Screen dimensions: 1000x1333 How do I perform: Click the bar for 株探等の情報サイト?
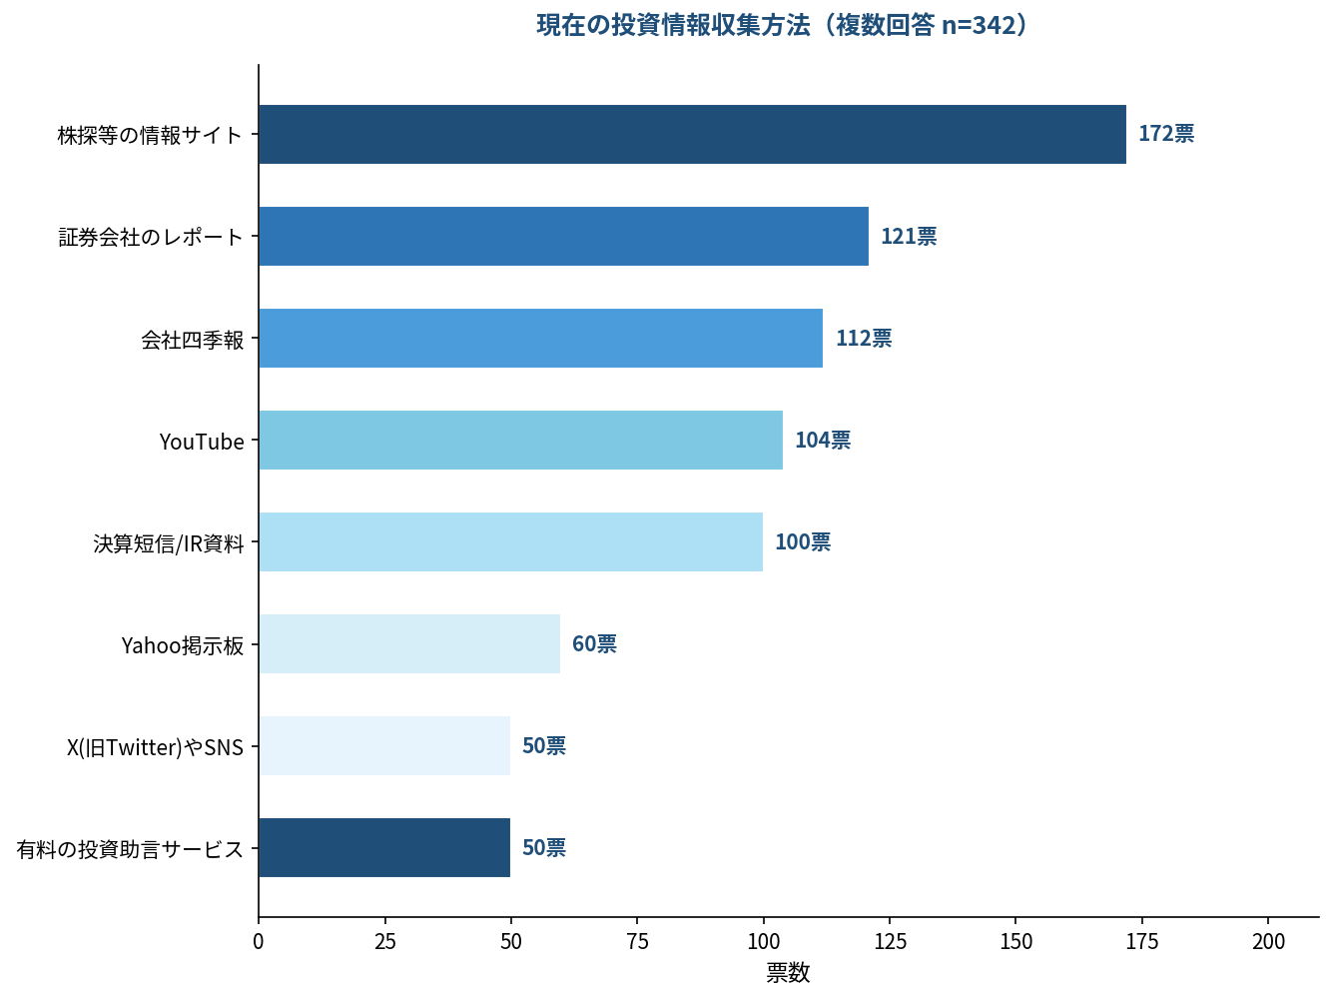point(692,135)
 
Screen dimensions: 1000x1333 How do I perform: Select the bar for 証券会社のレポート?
point(563,237)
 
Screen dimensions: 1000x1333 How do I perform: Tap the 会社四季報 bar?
point(540,339)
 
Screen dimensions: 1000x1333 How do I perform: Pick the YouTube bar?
point(520,441)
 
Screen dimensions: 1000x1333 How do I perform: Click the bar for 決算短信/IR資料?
point(510,542)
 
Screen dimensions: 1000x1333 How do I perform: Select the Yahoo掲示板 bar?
point(409,644)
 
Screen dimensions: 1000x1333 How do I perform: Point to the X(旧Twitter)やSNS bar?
point(384,746)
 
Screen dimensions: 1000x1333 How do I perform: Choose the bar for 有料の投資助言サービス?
point(384,848)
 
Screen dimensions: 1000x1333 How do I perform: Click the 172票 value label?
point(1165,134)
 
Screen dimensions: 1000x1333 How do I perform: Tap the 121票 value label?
point(908,237)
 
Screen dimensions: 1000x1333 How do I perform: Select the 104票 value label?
point(822,441)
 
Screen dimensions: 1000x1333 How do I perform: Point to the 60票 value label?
point(593,644)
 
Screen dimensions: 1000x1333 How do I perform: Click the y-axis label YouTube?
point(202,442)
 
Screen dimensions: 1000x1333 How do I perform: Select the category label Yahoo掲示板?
point(183,645)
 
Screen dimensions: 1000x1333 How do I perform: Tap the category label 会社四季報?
point(193,340)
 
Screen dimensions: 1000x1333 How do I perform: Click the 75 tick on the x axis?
point(637,941)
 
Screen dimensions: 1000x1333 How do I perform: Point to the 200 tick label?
point(1268,941)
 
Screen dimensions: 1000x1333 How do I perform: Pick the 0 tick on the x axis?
point(259,941)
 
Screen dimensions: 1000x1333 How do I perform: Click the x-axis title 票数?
point(788,973)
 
